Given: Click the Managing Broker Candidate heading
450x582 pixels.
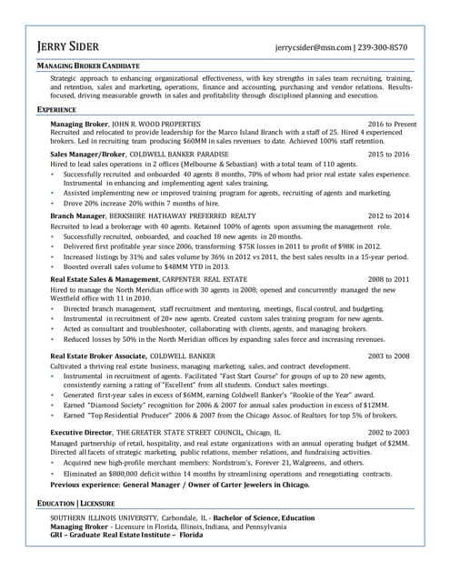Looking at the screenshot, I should click(88, 67).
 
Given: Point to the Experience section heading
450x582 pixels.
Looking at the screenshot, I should click(56, 109).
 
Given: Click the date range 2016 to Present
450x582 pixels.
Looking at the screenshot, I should click(392, 123).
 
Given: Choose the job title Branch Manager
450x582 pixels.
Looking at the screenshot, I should click(78, 215).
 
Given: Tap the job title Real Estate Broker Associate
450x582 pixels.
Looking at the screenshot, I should click(97, 356).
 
